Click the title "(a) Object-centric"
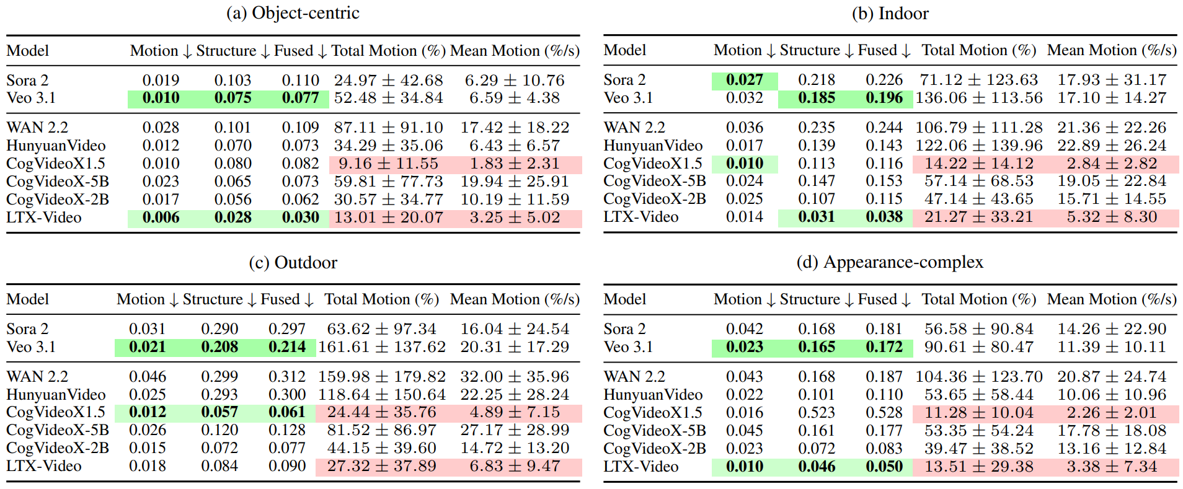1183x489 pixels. tap(293, 13)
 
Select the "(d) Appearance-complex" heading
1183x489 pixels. tap(890, 262)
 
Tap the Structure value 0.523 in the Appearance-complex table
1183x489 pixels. tap(817, 413)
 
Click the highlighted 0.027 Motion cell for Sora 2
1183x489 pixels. tap(745, 80)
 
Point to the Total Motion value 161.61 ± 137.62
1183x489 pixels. tap(382, 347)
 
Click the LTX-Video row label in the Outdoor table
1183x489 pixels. tap(44, 466)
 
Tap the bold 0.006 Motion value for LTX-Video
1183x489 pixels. tap(161, 218)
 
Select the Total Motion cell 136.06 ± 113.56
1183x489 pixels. tap(979, 98)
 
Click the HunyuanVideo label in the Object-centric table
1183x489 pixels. tap(56, 146)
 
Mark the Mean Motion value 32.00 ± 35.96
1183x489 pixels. tap(515, 377)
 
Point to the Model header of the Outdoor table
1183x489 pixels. tap(28, 299)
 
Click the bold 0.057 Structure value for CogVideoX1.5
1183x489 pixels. tap(219, 412)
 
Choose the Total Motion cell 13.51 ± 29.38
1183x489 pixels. tap(979, 467)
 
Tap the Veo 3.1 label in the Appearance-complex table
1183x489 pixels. tap(628, 347)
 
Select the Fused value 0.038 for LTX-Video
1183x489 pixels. tap(884, 217)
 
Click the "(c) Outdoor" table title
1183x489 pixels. tap(293, 263)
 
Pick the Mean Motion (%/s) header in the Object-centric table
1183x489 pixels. tap(515, 51)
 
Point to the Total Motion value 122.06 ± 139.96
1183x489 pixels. tap(979, 146)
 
